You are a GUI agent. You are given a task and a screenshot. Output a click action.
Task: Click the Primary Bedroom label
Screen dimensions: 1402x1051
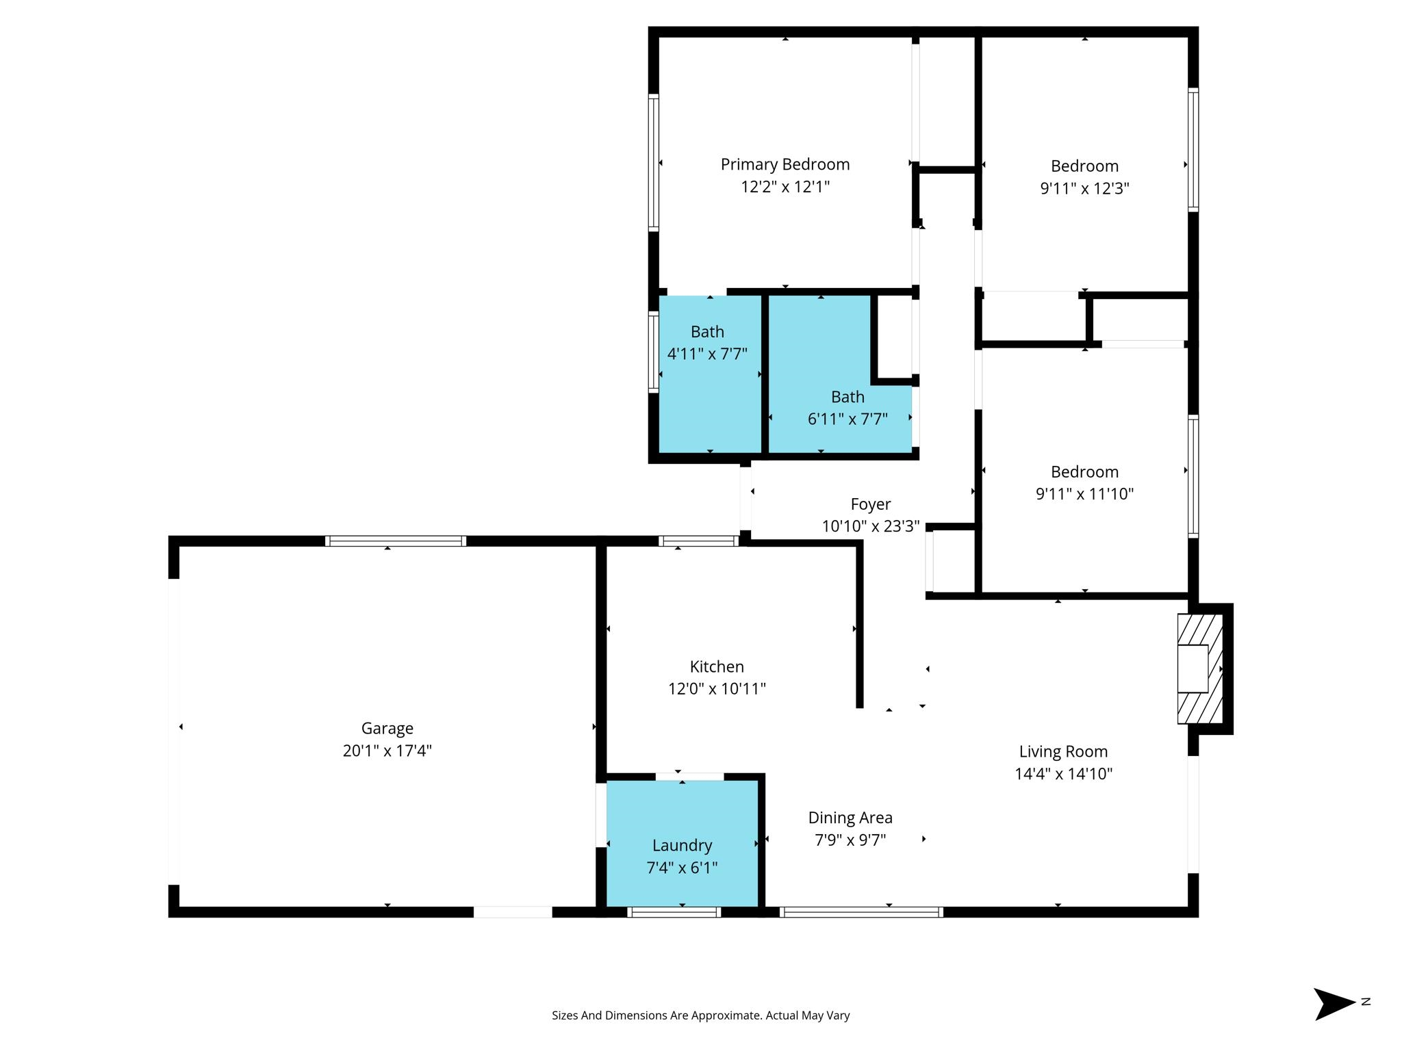pyautogui.click(x=785, y=165)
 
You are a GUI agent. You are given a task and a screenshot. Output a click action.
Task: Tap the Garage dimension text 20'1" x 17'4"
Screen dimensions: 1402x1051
pyautogui.click(x=387, y=751)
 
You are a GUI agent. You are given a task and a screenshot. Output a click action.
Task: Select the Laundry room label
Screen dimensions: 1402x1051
pyautogui.click(x=682, y=846)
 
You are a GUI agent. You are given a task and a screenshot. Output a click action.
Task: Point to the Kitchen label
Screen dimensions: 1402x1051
pyautogui.click(x=717, y=666)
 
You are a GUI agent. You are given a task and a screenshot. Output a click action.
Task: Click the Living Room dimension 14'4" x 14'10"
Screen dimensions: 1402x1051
pyautogui.click(x=1063, y=774)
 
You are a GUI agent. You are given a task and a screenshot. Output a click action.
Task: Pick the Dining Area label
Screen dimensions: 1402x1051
pyautogui.click(x=850, y=818)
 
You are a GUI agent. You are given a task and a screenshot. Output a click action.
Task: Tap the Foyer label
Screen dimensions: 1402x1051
pyautogui.click(x=871, y=504)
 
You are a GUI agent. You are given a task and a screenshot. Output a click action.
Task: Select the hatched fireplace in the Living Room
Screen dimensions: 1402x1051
pyautogui.click(x=1200, y=669)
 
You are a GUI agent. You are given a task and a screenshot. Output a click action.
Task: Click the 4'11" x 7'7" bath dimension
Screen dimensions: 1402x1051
pyautogui.click(x=707, y=354)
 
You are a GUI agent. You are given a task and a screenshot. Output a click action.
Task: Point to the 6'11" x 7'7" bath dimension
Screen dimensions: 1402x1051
pyautogui.click(x=847, y=419)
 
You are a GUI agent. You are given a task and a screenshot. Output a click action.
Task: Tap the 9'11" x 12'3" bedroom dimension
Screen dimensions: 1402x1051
pyautogui.click(x=1084, y=188)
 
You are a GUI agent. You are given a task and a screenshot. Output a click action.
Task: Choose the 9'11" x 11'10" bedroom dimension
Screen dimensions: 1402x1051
pyautogui.click(x=1084, y=493)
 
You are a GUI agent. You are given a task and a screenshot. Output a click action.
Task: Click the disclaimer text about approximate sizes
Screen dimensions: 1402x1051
pyautogui.click(x=701, y=1016)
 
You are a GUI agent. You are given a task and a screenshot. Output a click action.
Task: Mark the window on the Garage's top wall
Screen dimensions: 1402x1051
pyautogui.click(x=396, y=541)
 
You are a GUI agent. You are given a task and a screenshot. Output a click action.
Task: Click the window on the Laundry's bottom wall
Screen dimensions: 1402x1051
pyautogui.click(x=674, y=912)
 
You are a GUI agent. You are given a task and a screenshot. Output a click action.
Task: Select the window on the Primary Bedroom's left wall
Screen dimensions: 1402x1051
pyautogui.click(x=654, y=162)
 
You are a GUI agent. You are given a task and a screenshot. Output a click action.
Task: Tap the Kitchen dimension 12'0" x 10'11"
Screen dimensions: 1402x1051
pyautogui.click(x=717, y=689)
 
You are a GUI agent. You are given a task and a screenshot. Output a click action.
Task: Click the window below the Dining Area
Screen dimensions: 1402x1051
pyautogui.click(x=861, y=912)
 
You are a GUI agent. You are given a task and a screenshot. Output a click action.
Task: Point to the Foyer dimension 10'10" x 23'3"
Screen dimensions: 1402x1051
pyautogui.click(x=871, y=526)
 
